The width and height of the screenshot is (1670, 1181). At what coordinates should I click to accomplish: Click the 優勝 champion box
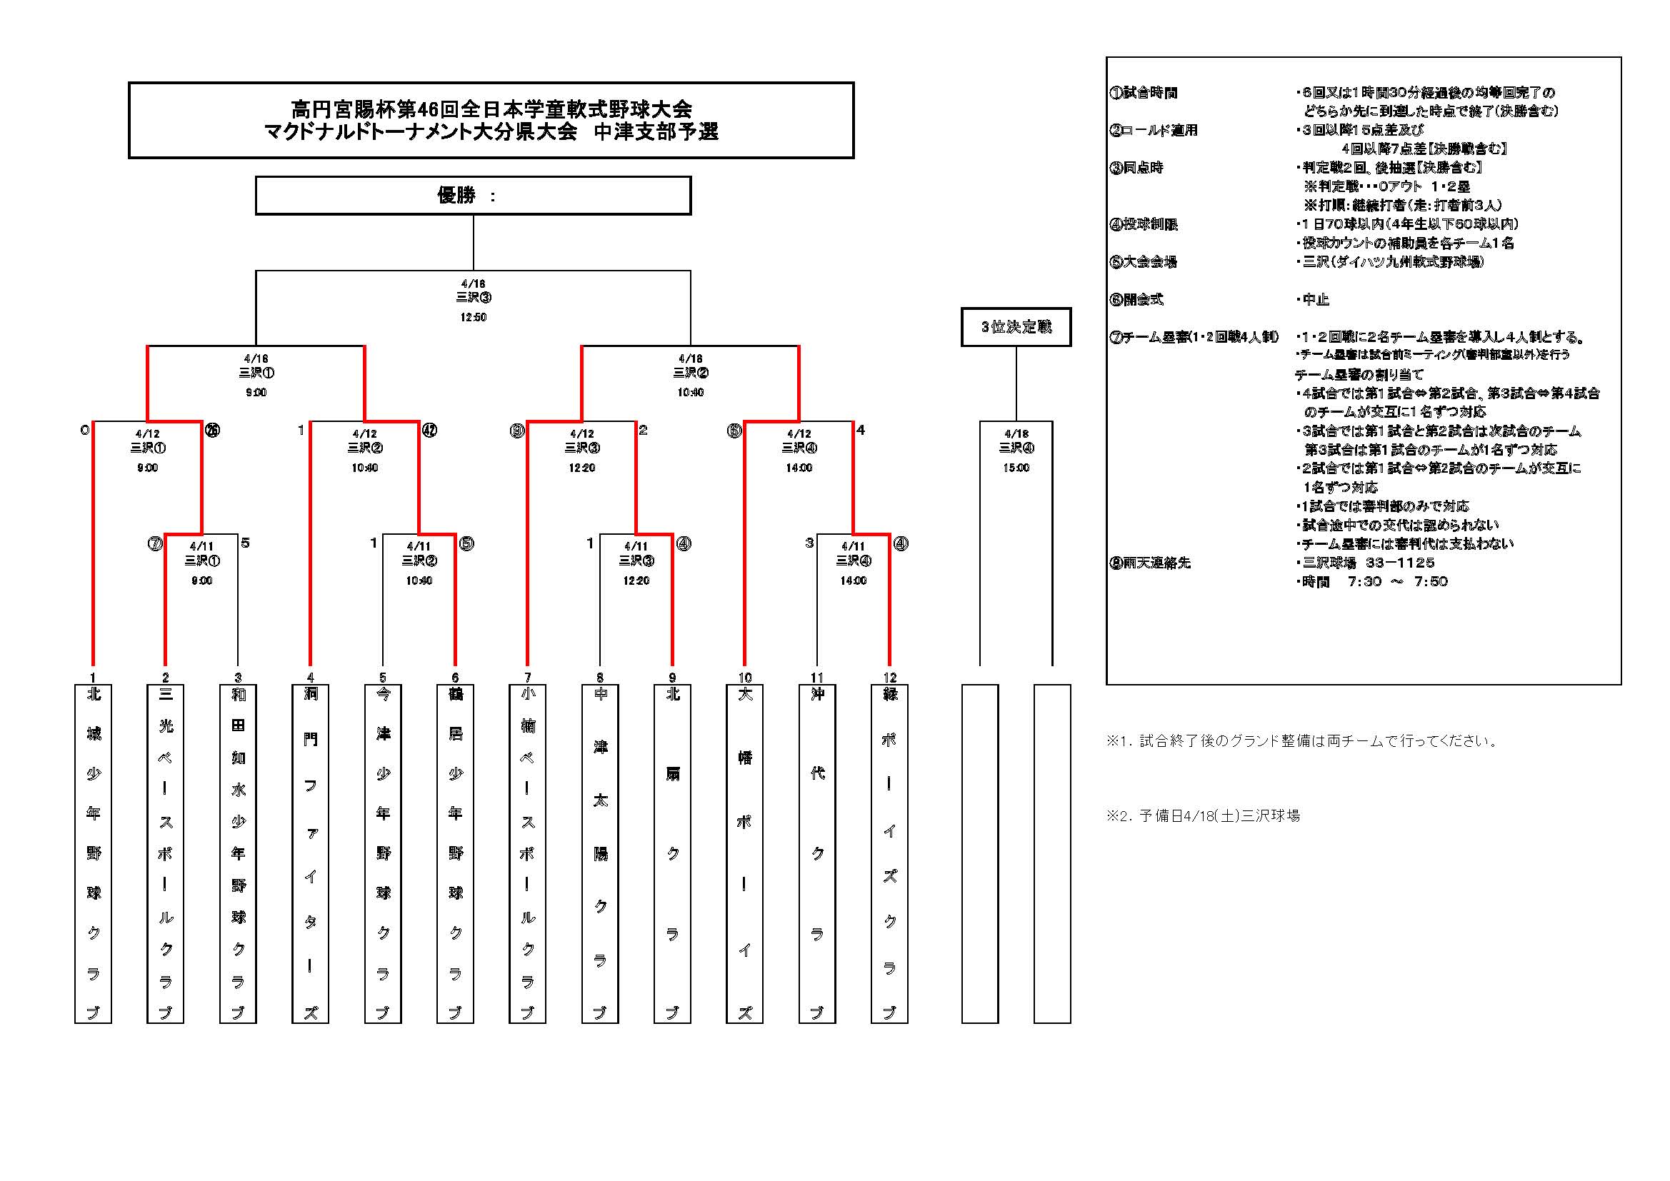tap(473, 196)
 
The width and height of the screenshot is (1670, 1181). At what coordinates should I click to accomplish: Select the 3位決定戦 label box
tap(1016, 327)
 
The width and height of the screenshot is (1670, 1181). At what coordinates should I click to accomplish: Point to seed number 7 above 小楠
tap(528, 677)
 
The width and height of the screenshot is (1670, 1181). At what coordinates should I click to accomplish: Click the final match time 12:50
tap(473, 317)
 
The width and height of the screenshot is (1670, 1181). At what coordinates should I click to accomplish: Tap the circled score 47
tap(429, 431)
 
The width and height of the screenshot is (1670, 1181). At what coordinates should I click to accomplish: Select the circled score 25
tap(211, 431)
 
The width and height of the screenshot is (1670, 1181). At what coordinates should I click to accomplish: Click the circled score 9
tap(517, 431)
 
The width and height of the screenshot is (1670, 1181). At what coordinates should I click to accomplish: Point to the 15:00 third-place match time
tap(1016, 468)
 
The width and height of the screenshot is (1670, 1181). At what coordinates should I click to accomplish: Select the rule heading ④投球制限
tap(1144, 225)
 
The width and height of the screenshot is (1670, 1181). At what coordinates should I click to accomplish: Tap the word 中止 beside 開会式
tap(1316, 300)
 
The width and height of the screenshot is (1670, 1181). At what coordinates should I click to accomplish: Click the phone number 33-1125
tap(1399, 563)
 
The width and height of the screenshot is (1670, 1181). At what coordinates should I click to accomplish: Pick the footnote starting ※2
tap(1203, 816)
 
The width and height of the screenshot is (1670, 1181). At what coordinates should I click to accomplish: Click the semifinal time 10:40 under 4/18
tap(690, 392)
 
